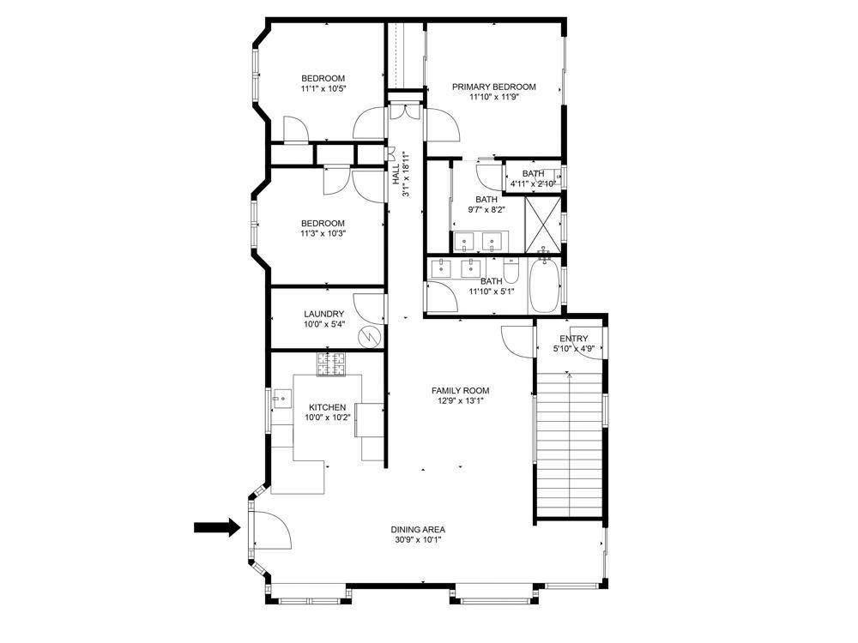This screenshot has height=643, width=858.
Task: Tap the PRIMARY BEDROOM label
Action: [x=494, y=87]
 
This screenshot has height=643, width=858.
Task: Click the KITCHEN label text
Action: [x=327, y=407]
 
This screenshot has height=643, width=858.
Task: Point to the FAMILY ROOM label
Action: [x=460, y=391]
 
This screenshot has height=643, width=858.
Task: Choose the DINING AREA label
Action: [x=419, y=529]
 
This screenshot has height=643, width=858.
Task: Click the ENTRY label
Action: [x=573, y=339]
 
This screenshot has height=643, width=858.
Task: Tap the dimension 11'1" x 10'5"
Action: [x=323, y=88]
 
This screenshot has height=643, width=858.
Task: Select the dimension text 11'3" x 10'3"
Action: [x=323, y=233]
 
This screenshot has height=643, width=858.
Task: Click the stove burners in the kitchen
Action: [x=333, y=364]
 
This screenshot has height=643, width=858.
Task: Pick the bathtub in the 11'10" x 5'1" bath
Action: [x=544, y=285]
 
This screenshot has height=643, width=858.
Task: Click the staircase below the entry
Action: [x=568, y=442]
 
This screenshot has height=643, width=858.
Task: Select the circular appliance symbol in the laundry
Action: [x=369, y=336]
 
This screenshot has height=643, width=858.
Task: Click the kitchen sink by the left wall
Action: [x=282, y=397]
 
